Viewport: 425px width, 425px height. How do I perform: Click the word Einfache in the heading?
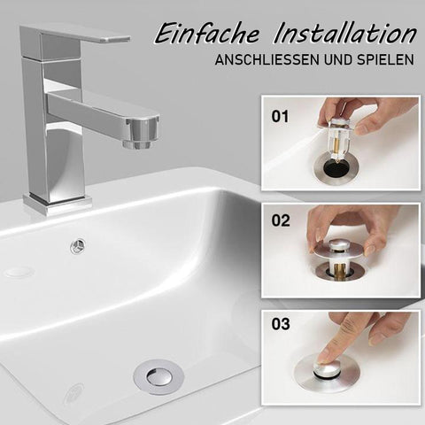pyautogui.click(x=207, y=34)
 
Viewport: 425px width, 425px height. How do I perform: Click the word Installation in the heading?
pyautogui.click(x=344, y=34)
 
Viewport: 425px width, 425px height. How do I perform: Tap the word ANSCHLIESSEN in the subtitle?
pyautogui.click(x=267, y=60)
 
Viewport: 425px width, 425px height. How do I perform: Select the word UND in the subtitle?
pyautogui.click(x=338, y=60)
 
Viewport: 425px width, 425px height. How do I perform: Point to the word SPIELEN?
pyautogui.click(x=385, y=60)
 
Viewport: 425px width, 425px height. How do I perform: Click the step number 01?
pyautogui.click(x=280, y=117)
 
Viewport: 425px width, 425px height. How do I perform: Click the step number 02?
pyautogui.click(x=281, y=220)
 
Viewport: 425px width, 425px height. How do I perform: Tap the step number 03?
pyautogui.click(x=281, y=324)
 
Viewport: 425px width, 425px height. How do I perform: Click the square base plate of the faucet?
pyautogui.click(x=58, y=205)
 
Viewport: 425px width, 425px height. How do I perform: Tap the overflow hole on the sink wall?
pyautogui.click(x=78, y=245)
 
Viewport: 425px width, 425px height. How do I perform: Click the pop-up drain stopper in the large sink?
pyautogui.click(x=158, y=377)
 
